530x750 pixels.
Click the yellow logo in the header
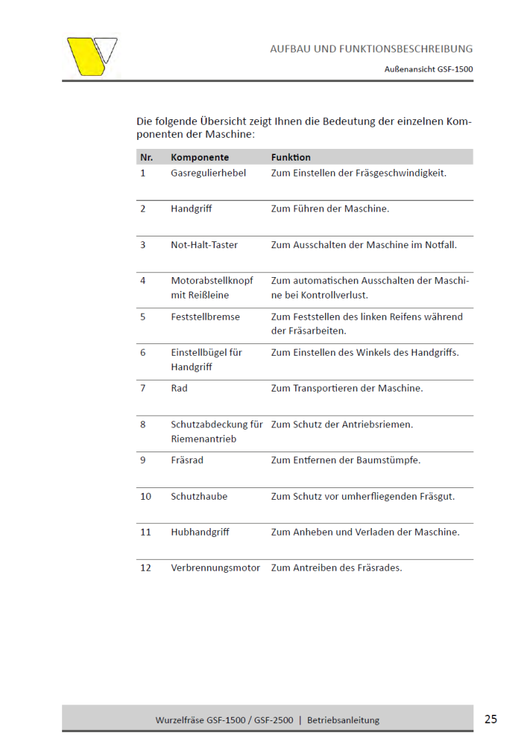[91, 56]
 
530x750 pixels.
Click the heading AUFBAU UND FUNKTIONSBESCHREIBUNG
[371, 49]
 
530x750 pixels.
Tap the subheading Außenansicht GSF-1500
[428, 69]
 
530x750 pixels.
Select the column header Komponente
[199, 157]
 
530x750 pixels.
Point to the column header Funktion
[291, 157]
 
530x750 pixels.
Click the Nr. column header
[146, 157]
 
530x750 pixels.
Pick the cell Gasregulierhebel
[208, 173]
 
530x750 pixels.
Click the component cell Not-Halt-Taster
[204, 245]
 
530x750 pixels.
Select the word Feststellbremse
[205, 316]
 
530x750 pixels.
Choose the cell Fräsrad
[187, 460]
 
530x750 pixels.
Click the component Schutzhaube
[199, 496]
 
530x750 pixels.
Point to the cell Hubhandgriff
[200, 532]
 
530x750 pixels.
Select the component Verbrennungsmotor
[215, 568]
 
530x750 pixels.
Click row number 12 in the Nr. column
[146, 568]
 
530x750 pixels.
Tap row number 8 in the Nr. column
[143, 424]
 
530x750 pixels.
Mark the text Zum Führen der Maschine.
[330, 209]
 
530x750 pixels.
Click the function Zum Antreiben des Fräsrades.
[336, 568]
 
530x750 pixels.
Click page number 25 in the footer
[490, 719]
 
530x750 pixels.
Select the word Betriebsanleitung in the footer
[343, 720]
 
